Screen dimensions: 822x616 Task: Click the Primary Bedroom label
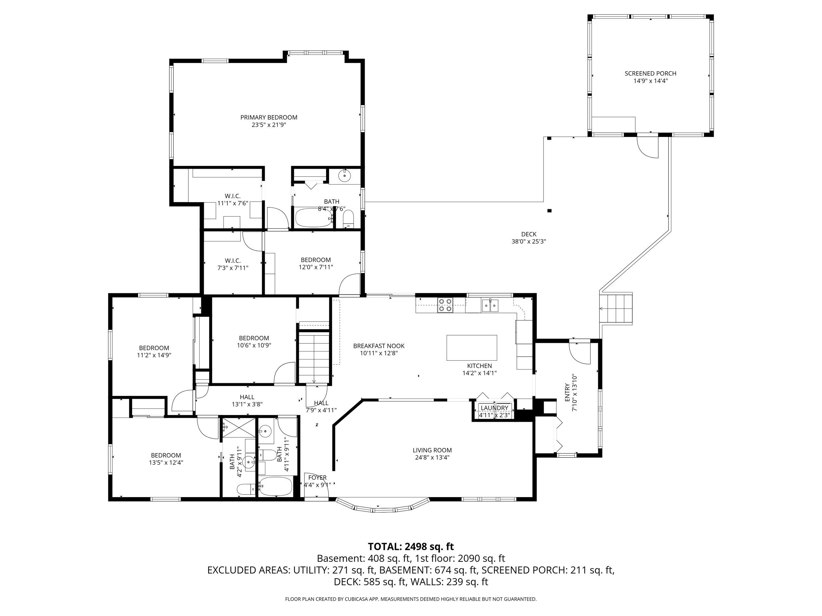269,117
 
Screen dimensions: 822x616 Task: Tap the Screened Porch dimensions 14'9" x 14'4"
650,81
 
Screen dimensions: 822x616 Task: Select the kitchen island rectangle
471,348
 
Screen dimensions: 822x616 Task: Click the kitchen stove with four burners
445,305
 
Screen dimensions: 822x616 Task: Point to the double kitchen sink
491,306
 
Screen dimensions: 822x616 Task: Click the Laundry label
494,408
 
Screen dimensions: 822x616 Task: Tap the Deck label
528,234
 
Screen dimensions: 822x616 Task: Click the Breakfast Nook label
379,346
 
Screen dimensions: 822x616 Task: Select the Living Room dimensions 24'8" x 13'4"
432,457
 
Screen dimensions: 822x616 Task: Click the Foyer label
317,477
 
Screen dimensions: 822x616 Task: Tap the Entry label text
567,393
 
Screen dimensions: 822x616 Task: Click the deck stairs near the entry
616,308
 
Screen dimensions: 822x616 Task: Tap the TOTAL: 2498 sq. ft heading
411,547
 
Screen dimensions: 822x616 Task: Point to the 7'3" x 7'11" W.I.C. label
233,264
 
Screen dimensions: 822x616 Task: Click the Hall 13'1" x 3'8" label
247,400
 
